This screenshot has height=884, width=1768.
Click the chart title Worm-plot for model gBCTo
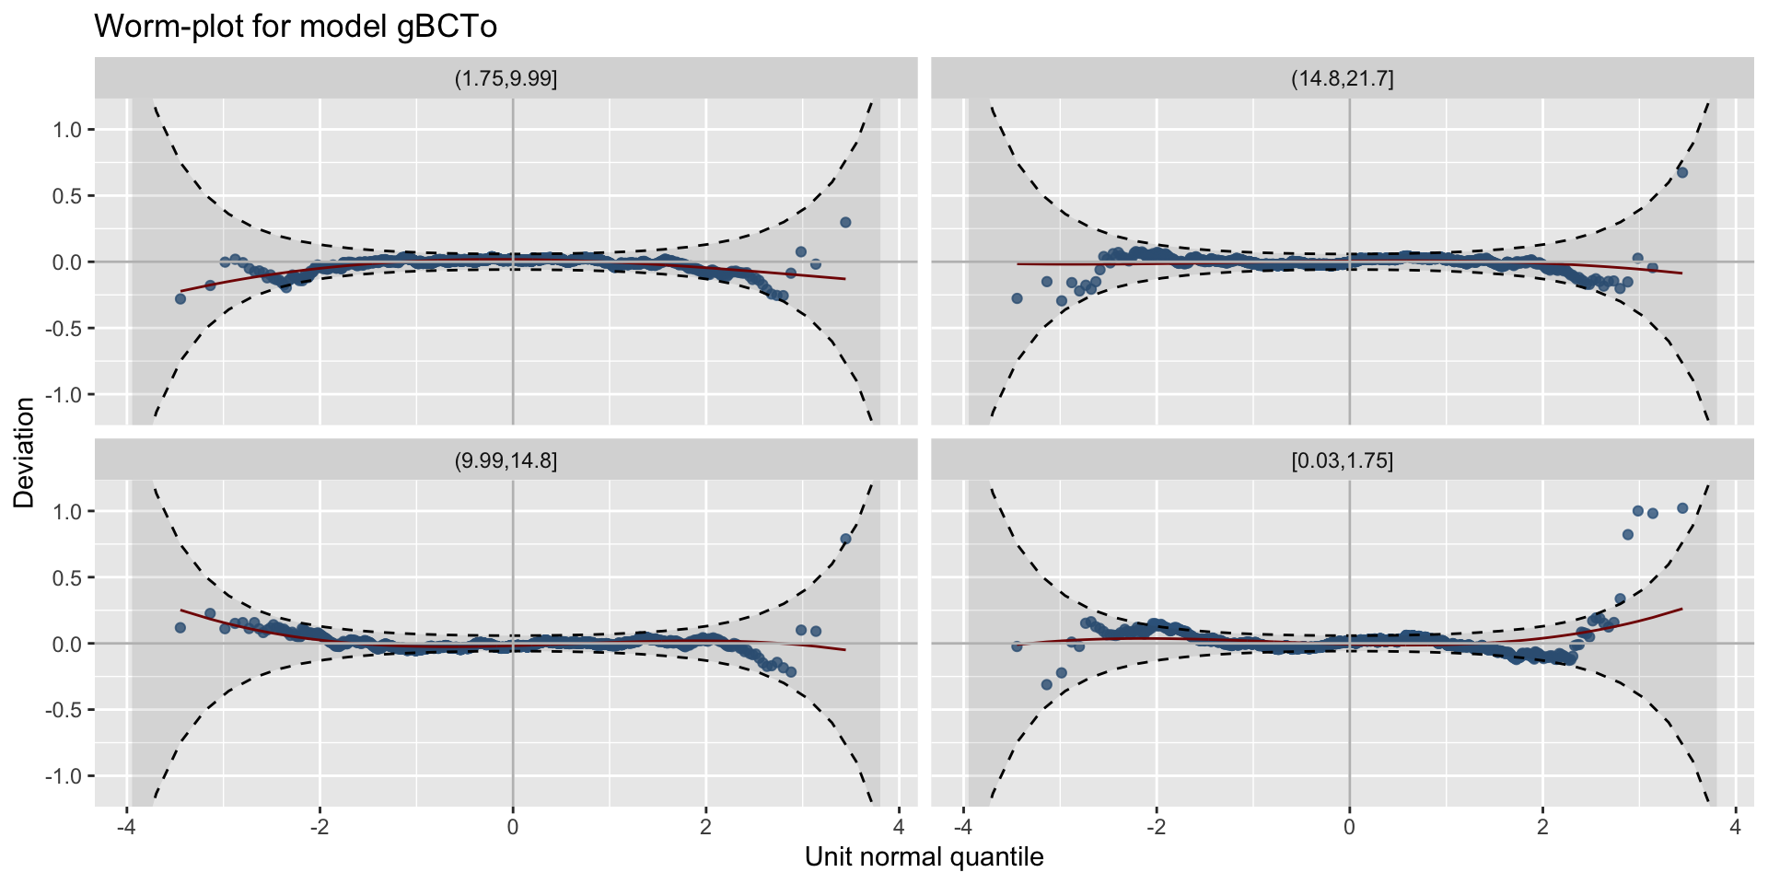296,27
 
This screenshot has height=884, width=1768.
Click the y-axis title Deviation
24,452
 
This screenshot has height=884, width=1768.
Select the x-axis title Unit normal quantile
924,857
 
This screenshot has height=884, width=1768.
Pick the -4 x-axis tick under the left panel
126,826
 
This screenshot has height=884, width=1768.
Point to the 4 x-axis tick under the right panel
1735,826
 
